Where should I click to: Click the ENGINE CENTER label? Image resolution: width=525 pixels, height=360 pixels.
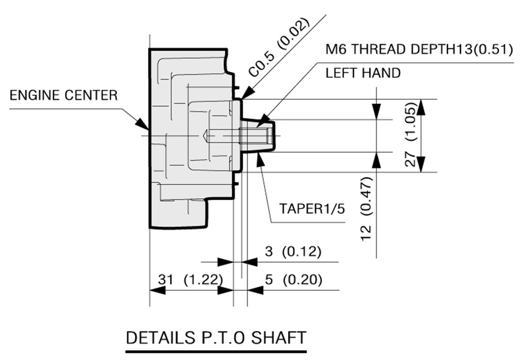[x=64, y=95]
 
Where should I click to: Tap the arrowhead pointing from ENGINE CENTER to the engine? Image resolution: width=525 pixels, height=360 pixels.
[x=142, y=123]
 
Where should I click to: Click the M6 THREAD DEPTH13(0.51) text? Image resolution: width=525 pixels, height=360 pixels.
[x=419, y=49]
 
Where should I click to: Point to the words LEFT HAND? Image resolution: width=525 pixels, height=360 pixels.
[x=363, y=73]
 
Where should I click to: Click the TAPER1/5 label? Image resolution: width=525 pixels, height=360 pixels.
[x=312, y=209]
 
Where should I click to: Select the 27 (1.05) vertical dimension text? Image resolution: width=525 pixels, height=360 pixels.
[x=410, y=134]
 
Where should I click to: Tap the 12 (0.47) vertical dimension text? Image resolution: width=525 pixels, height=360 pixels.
[x=366, y=209]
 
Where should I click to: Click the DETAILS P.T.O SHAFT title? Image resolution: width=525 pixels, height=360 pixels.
[x=216, y=337]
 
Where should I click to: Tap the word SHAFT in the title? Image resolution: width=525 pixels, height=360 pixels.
[x=279, y=337]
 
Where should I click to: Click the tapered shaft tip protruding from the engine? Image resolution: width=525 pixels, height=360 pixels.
[x=258, y=136]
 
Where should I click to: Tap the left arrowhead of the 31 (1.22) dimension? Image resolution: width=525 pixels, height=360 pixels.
[x=157, y=290]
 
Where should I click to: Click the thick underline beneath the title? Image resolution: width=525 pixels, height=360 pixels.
[x=216, y=352]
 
